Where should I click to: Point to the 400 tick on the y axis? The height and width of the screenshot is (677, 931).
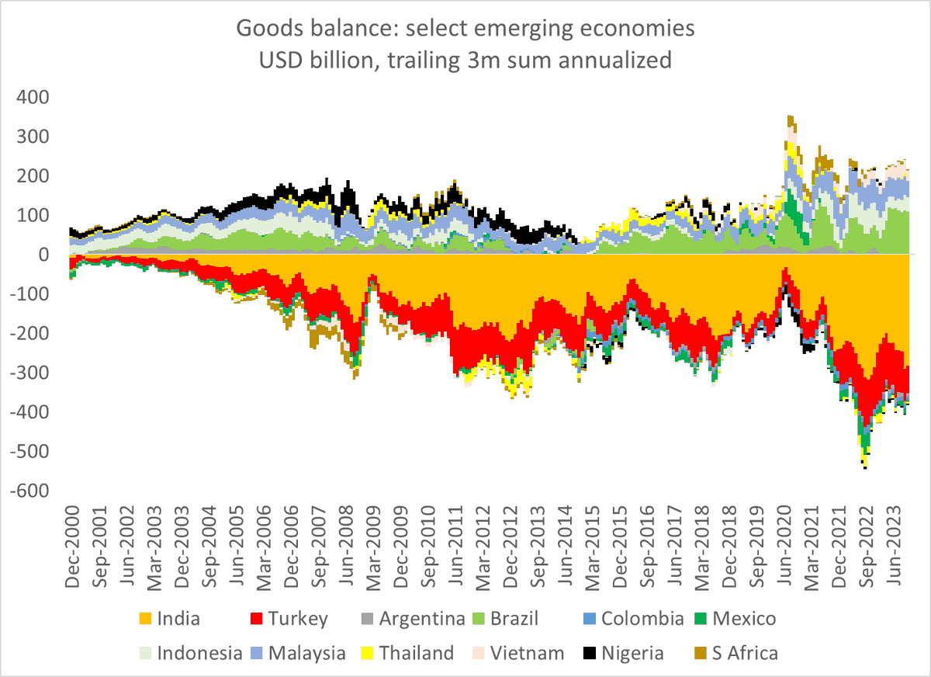(32, 98)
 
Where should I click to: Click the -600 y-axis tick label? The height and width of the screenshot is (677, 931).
(28, 491)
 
